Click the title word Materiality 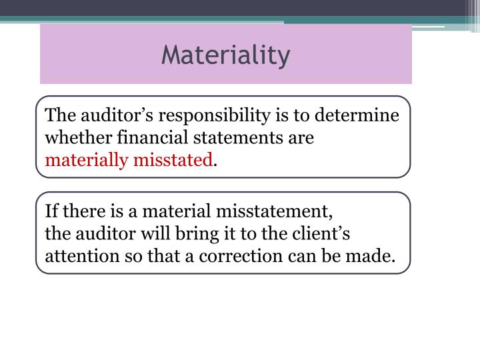(x=225, y=55)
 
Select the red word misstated (x=173, y=160)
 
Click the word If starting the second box (x=51, y=212)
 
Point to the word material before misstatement (x=179, y=212)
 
